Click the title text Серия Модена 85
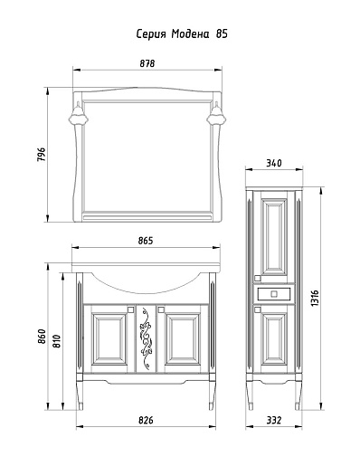(182, 34)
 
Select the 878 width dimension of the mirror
(147, 63)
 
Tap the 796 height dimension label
(41, 155)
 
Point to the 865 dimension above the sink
(146, 241)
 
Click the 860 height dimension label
(42, 337)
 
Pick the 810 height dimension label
(56, 341)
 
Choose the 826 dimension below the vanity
(146, 420)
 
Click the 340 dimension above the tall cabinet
(274, 163)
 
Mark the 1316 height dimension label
(315, 299)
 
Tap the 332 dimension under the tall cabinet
(274, 420)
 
